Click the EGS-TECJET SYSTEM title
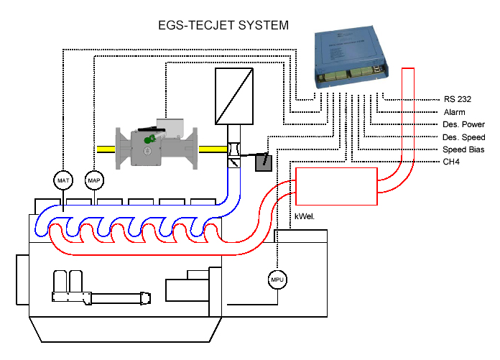(x=223, y=26)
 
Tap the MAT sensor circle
(x=63, y=179)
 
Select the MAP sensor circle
(x=94, y=179)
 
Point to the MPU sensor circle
(x=277, y=280)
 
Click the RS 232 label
(x=458, y=99)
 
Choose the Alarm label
(x=454, y=112)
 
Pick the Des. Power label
(x=464, y=124)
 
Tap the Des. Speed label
(x=464, y=137)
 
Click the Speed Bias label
(x=463, y=149)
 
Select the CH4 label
(x=451, y=162)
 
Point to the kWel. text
(x=305, y=216)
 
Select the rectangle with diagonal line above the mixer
(x=234, y=96)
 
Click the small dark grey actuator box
(x=264, y=162)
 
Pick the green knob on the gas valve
(x=150, y=139)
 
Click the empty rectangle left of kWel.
(x=337, y=185)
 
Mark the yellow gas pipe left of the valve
(x=97, y=149)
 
